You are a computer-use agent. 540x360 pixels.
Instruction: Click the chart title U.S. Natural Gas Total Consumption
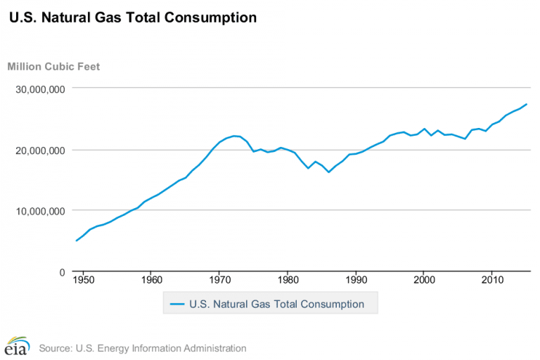132,18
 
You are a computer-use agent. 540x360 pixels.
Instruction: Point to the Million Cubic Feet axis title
53,67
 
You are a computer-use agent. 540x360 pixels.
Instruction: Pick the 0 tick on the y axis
62,272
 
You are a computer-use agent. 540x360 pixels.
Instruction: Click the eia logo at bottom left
15,346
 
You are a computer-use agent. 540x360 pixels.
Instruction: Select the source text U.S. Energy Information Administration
143,348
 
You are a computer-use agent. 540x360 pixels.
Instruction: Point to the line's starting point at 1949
77,240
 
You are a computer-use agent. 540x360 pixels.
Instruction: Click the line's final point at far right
527,104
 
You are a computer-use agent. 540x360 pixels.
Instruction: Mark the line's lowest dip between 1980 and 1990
328,172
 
